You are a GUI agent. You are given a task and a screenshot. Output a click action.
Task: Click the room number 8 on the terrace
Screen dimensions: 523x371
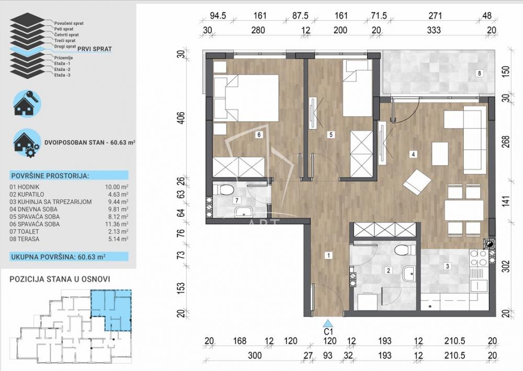point(479,73)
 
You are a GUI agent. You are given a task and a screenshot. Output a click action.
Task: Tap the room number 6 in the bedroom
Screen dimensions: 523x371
point(258,135)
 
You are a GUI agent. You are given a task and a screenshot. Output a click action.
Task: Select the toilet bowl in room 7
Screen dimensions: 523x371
point(223,190)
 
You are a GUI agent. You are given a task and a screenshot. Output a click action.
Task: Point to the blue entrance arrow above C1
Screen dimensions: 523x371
point(328,323)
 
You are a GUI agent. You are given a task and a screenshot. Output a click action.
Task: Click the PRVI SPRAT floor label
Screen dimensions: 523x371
point(95,49)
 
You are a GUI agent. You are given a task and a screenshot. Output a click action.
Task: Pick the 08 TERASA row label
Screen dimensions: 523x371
point(25,239)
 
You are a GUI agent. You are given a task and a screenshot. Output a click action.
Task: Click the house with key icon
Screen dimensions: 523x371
point(27,103)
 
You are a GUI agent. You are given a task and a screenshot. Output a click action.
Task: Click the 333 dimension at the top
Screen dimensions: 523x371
point(434,30)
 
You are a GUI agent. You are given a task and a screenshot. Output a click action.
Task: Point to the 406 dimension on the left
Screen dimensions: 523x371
point(180,118)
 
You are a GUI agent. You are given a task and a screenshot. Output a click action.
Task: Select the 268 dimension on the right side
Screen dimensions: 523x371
point(506,141)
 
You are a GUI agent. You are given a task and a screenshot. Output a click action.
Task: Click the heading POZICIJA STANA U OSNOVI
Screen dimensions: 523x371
point(60,279)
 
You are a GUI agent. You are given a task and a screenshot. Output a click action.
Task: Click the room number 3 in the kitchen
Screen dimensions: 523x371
point(447,266)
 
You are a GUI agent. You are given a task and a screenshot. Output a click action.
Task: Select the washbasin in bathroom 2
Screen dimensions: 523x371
point(409,274)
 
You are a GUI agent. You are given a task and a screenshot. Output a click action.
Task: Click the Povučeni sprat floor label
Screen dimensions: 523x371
point(69,24)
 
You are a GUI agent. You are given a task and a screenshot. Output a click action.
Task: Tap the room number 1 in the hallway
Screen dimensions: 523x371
point(328,256)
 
